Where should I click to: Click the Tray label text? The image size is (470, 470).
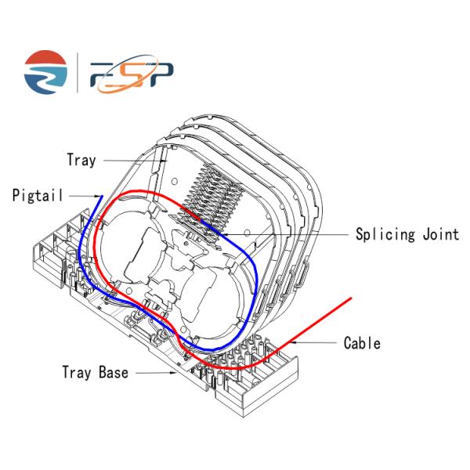81,160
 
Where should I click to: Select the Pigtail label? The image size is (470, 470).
38,195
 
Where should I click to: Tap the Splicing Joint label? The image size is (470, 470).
407,235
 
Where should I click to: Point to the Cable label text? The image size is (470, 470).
362,343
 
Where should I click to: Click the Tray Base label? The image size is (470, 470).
96,372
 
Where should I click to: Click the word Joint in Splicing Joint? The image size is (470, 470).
441,234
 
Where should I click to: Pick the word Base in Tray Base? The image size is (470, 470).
114,372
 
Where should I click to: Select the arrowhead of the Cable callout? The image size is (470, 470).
295,342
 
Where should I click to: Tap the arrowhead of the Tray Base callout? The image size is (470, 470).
174,373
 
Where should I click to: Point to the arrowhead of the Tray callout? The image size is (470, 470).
164,161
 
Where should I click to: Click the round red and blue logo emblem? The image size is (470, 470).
45,72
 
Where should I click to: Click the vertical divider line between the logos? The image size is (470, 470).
78,73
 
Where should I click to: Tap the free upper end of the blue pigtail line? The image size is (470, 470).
102,197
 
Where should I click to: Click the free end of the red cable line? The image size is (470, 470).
351,298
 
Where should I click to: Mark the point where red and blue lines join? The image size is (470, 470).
201,220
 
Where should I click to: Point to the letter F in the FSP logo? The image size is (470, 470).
103,74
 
